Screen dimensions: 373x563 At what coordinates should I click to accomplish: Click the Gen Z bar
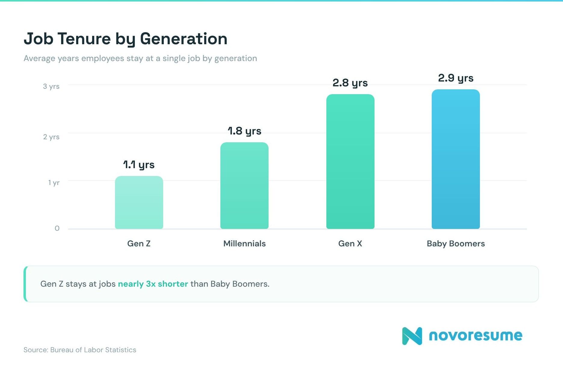point(139,202)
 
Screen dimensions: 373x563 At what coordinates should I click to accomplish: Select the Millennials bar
point(244,186)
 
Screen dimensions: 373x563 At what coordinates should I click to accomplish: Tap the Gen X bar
point(350,162)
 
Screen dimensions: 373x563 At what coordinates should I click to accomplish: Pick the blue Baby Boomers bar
point(456,159)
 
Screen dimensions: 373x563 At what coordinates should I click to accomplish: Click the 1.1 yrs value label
point(139,165)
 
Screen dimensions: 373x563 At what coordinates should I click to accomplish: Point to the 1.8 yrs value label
point(244,131)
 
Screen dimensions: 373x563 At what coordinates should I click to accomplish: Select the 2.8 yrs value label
point(350,83)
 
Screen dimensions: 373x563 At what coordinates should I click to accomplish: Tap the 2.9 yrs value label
point(456,78)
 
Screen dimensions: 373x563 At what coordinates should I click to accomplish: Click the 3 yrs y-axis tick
point(51,87)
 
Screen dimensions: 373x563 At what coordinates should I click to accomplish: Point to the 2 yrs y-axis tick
point(51,137)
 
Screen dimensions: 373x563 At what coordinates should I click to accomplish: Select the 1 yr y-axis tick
point(54,183)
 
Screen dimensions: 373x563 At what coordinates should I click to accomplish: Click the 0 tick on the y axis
point(57,228)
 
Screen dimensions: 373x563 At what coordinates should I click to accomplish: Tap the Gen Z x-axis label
point(139,244)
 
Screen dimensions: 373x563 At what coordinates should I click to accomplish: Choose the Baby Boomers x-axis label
point(456,244)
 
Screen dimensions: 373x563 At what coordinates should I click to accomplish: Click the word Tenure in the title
point(84,39)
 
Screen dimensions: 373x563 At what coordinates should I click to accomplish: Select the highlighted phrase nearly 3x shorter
point(153,284)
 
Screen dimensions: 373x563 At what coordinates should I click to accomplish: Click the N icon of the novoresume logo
point(412,336)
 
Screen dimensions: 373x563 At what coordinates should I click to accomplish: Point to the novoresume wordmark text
point(475,335)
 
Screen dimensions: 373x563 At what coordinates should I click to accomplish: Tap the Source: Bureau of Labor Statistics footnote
point(80,350)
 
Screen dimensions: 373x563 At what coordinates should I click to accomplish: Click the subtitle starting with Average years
point(140,58)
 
